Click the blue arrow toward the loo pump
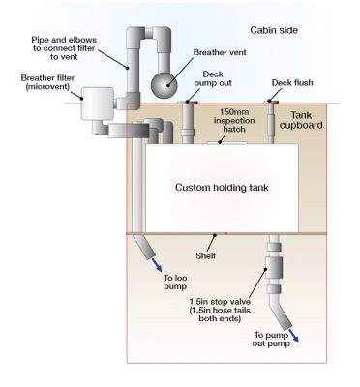tap(159, 275)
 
